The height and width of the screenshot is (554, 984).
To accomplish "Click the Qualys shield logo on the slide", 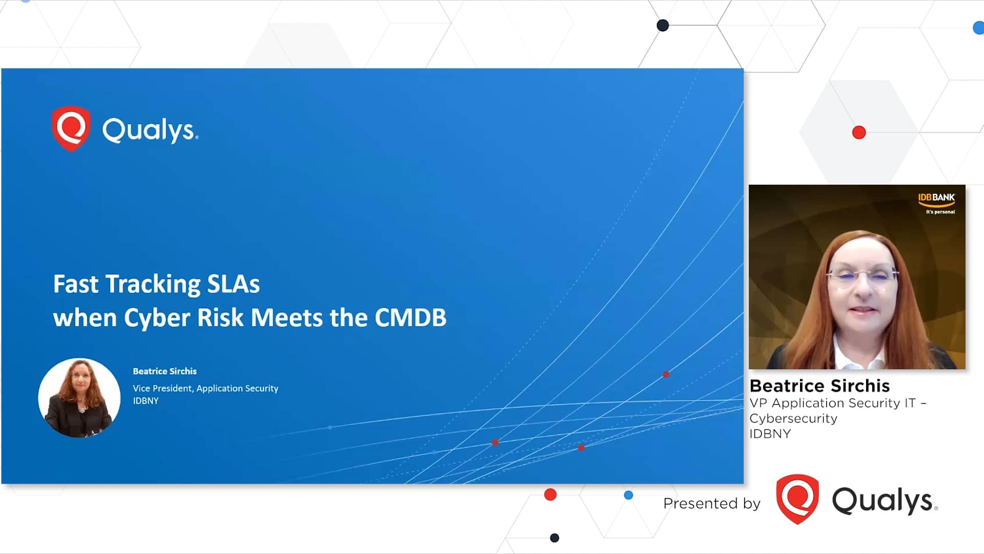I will point(71,129).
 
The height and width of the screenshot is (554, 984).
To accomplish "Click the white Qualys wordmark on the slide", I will point(150,130).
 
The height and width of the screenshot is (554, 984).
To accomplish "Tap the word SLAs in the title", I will point(233,284).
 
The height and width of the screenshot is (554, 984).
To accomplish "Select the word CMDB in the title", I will point(411,318).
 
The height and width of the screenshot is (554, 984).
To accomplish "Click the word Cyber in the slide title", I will point(157,319).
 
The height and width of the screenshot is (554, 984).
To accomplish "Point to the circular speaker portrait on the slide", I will point(79,398).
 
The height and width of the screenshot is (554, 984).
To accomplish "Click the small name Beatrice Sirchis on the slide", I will point(165,371).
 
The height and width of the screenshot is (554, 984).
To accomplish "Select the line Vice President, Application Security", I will point(205,388).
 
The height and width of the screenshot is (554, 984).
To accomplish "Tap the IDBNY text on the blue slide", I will point(146,401).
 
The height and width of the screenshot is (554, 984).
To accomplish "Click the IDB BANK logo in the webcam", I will point(936,202).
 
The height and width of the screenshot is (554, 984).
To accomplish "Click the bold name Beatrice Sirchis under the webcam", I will point(819,386).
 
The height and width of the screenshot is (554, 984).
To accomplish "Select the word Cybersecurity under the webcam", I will point(793,419).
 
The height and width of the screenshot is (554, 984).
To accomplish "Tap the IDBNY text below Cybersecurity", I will point(770,434).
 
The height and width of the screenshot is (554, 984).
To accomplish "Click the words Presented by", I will point(711,504).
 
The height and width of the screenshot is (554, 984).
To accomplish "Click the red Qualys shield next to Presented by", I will point(797,499).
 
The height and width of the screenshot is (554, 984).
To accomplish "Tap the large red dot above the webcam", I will point(858,132).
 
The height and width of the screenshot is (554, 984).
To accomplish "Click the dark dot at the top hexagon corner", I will point(662,25).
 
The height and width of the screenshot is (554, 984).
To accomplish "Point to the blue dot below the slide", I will point(628,495).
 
